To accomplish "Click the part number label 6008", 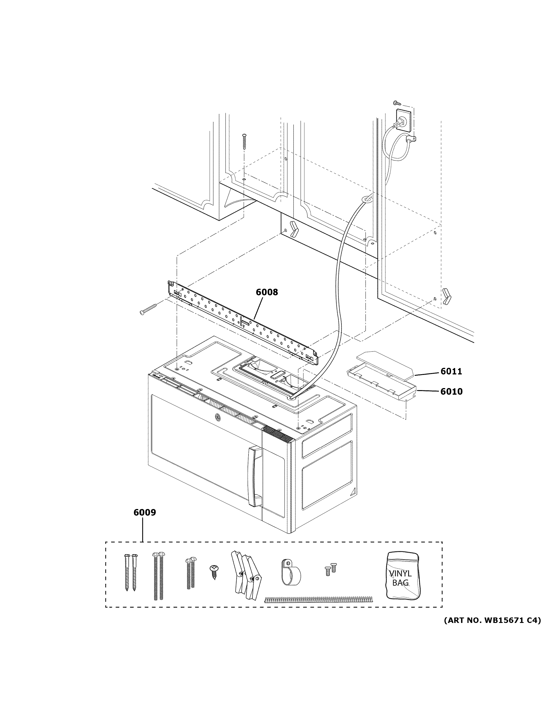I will tap(267, 292).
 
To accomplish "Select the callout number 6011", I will tap(451, 371).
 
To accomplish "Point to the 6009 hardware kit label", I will tap(145, 522).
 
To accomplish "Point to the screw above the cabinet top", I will tap(244, 141).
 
